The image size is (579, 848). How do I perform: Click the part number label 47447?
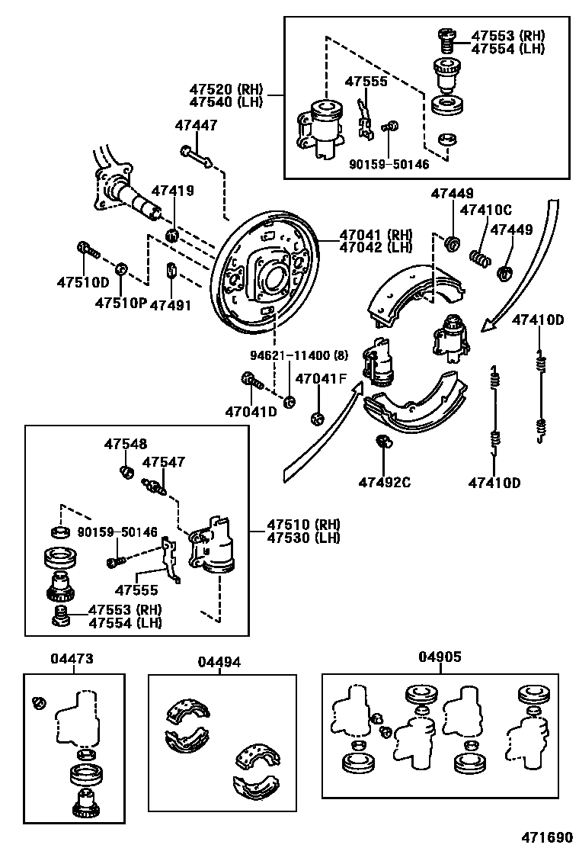tap(196, 125)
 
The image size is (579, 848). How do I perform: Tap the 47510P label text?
tap(120, 304)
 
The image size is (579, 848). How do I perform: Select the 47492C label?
tap(385, 482)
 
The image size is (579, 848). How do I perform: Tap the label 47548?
tap(126, 444)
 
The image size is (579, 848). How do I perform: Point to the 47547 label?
tap(164, 462)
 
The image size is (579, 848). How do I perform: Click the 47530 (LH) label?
tap(303, 538)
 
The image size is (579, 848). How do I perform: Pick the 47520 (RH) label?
tap(226, 88)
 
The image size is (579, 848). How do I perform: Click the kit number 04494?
tap(220, 663)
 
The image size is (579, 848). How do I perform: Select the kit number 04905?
tap(440, 657)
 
